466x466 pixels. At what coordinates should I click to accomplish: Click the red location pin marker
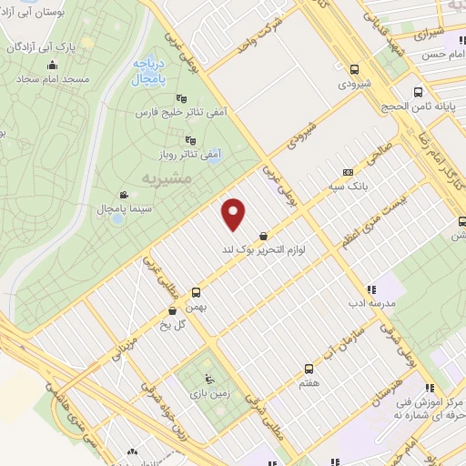(235, 214)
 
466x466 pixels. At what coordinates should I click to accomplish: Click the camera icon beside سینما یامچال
(124, 195)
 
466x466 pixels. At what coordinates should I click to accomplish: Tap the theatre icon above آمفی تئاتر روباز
(189, 140)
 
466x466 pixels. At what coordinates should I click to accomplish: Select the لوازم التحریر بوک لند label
(263, 247)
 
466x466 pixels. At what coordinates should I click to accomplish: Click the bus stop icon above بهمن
(196, 293)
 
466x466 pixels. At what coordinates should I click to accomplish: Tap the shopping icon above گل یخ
(172, 310)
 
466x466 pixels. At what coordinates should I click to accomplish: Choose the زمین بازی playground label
(209, 393)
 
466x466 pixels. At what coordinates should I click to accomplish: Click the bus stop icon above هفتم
(309, 369)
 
